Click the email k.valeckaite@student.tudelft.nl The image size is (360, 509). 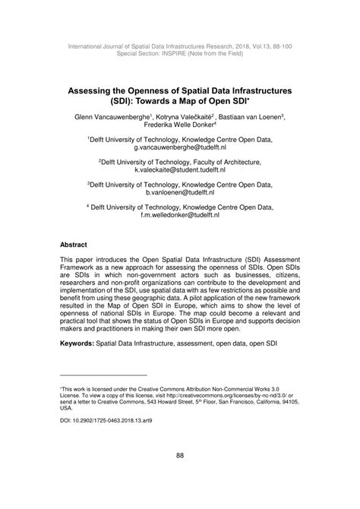coord(179,172)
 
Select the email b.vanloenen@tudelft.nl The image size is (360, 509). coord(179,194)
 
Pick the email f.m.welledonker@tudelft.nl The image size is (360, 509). coord(179,216)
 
